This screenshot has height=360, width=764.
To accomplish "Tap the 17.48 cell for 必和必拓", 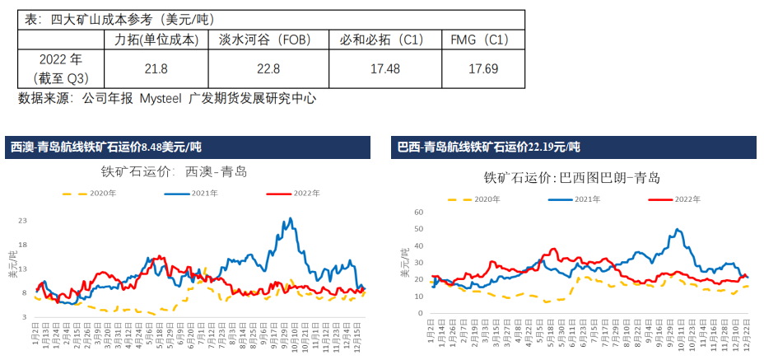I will coord(384,69).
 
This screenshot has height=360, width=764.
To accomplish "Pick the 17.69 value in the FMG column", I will coord(483,69).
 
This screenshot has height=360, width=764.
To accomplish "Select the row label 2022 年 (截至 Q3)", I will coord(60,68).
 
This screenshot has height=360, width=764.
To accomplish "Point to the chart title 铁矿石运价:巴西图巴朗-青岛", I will coord(571,177).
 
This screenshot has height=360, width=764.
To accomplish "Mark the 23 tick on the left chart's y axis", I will coord(23,221).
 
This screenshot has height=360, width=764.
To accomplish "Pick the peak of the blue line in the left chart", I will coord(290,219).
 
